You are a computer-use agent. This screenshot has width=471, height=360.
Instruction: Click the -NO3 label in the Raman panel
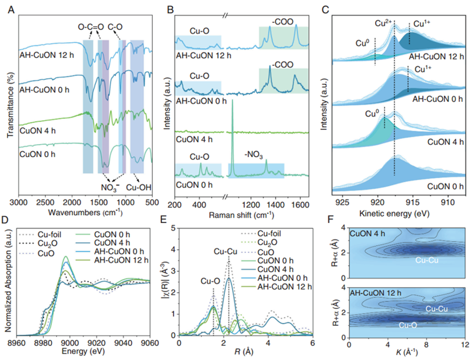pyautogui.click(x=254, y=156)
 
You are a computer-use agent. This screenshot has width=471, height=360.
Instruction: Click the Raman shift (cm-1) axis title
pyautogui.click(x=244, y=215)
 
